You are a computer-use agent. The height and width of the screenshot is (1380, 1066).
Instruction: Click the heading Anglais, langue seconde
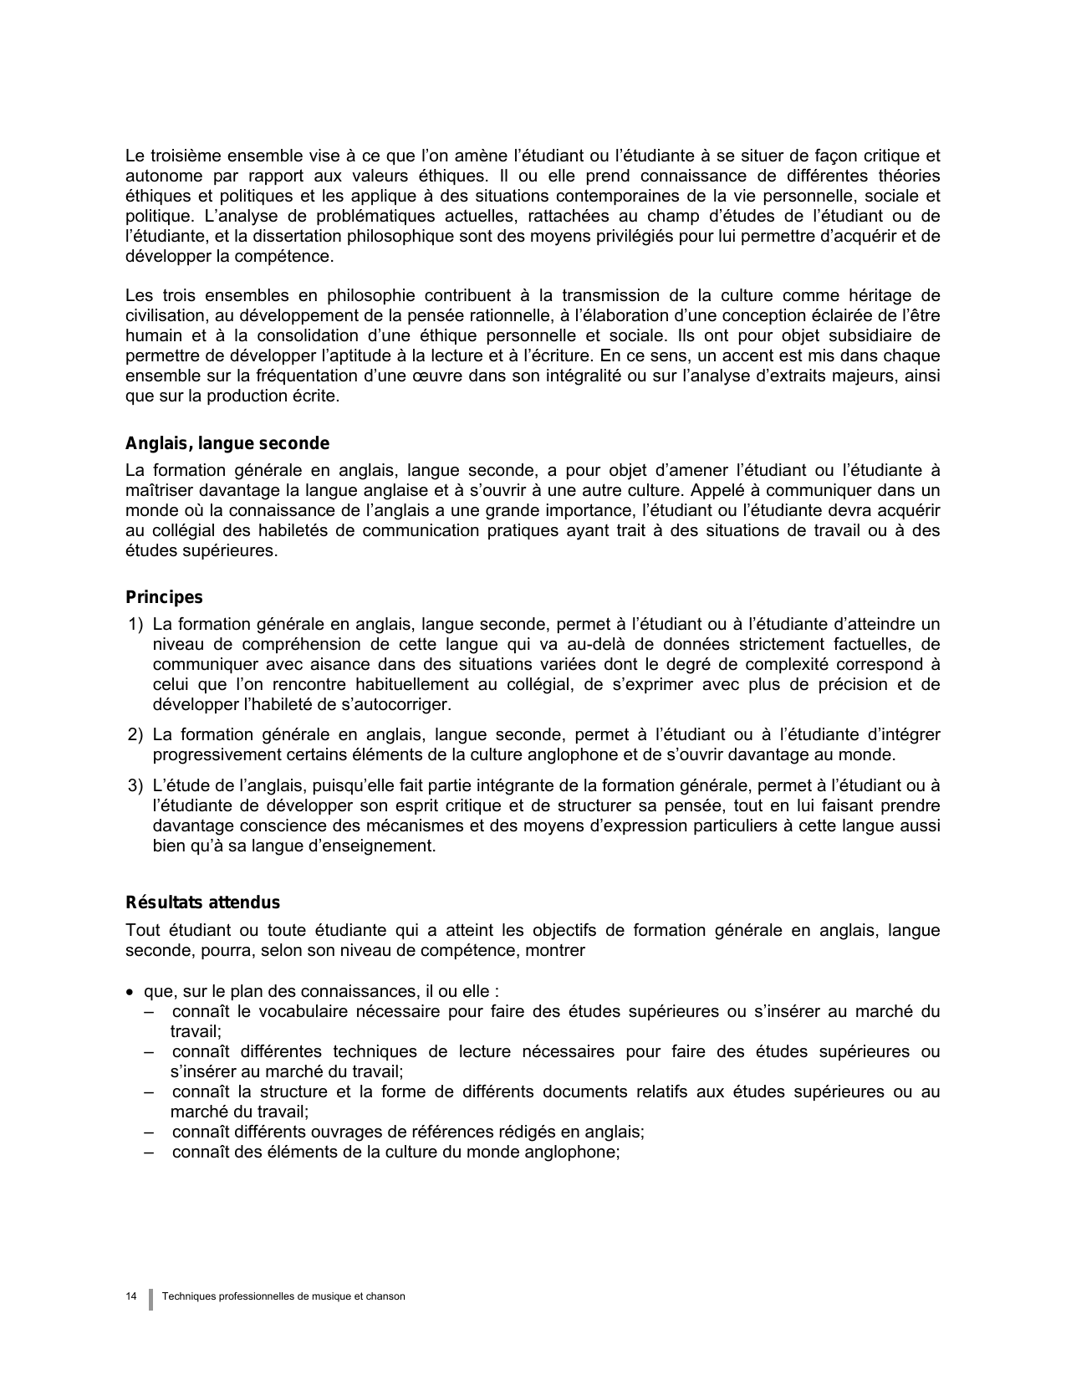[227, 444]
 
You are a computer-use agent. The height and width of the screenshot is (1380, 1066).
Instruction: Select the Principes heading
[164, 598]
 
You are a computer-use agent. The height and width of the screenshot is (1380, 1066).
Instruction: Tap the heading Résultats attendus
[202, 903]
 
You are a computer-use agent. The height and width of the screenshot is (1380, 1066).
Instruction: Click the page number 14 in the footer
[131, 1296]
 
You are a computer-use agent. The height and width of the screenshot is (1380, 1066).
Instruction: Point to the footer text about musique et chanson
[285, 1296]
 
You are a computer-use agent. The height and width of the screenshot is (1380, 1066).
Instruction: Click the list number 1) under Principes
[135, 625]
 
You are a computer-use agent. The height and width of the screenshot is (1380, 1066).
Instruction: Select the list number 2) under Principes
[135, 735]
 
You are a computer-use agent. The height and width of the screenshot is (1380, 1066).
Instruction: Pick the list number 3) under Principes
[135, 786]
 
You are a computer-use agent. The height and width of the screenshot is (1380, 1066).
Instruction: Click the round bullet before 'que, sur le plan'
[130, 992]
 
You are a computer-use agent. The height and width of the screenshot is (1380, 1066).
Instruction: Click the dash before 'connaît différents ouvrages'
[149, 1132]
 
